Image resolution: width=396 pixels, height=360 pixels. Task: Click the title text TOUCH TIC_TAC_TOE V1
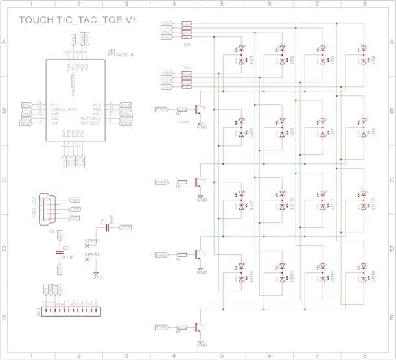(78, 20)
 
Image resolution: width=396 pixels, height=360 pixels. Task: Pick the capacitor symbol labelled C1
(106, 228)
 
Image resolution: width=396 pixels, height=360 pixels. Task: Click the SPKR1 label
(93, 240)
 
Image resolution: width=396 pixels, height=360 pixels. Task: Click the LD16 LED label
(375, 276)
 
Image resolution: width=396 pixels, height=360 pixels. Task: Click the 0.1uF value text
(67, 257)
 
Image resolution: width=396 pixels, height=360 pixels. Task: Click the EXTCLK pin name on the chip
(64, 109)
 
